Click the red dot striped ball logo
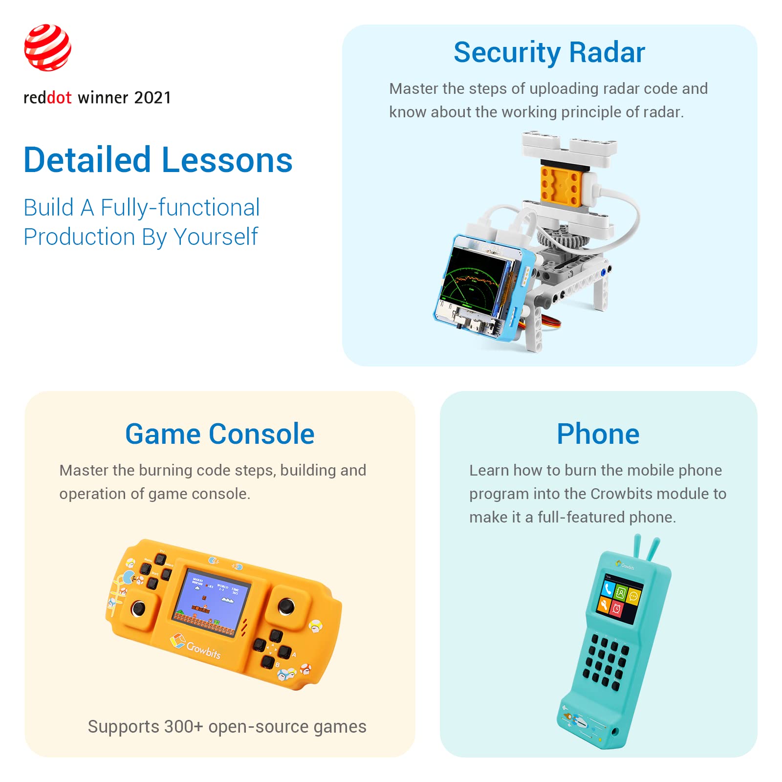point(47,47)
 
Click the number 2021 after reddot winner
point(152,98)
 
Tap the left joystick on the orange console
point(139,609)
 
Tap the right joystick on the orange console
point(286,607)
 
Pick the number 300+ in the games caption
point(183,727)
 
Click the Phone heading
point(598,434)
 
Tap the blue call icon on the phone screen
point(608,589)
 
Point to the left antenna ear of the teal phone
point(638,547)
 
